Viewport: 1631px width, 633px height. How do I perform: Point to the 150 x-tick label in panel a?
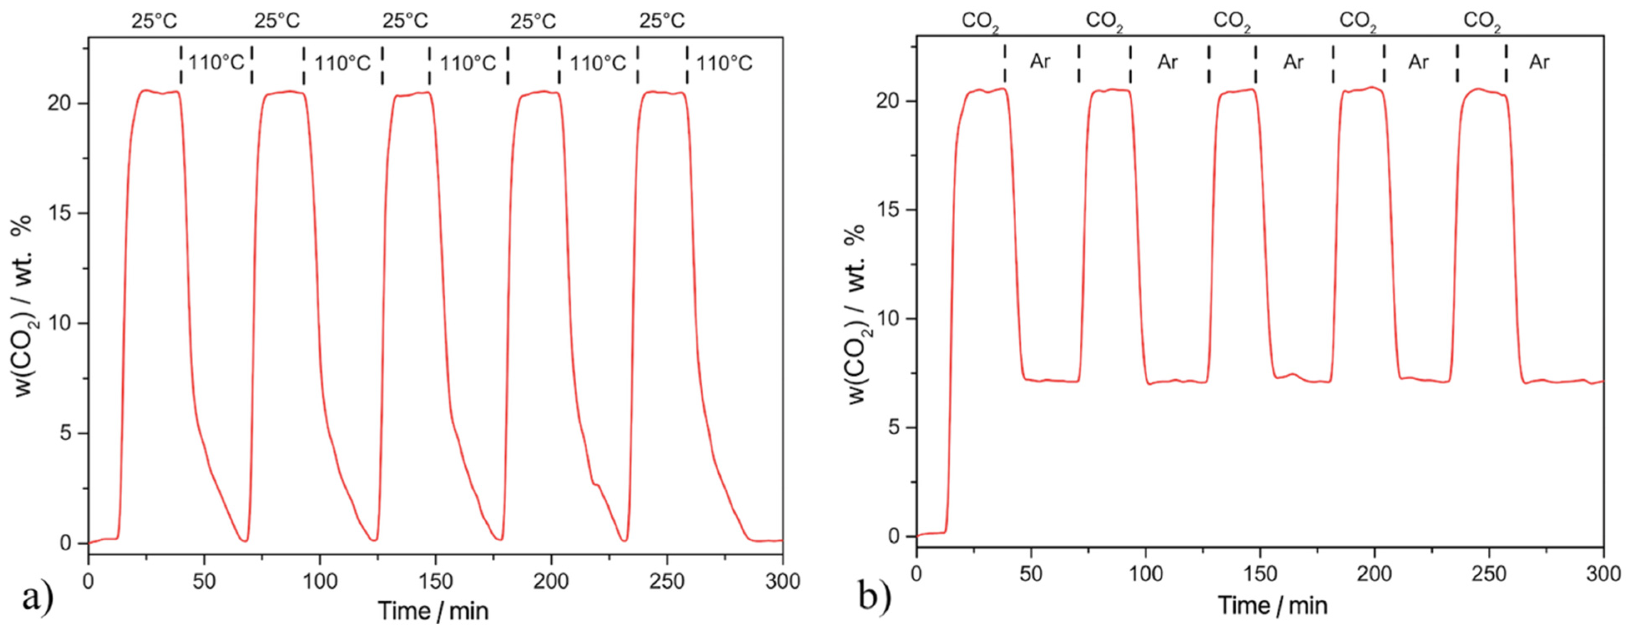(435, 580)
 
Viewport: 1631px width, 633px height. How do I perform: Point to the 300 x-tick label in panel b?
(1602, 574)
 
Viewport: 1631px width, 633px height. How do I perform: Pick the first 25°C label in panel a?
(154, 21)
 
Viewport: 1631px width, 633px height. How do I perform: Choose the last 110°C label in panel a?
(725, 63)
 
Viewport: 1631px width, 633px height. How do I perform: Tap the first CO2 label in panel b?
(980, 22)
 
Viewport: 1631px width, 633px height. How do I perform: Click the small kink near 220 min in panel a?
(596, 485)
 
